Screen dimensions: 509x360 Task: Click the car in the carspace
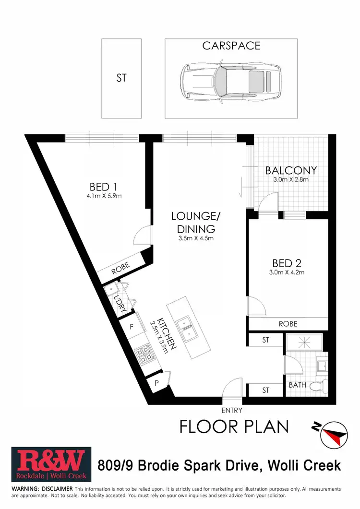tap(230, 79)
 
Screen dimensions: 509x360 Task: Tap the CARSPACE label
tap(231, 46)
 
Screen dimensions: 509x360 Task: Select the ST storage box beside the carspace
tap(121, 78)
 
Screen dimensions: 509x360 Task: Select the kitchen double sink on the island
tap(186, 327)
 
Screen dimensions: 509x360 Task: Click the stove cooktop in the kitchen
tap(144, 355)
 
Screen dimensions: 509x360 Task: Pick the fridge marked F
tap(132, 328)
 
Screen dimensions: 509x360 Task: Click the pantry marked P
tap(156, 383)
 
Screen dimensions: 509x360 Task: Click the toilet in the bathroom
tap(318, 385)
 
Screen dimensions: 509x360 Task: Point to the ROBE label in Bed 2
tap(288, 324)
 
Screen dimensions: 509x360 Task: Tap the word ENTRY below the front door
tap(232, 410)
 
